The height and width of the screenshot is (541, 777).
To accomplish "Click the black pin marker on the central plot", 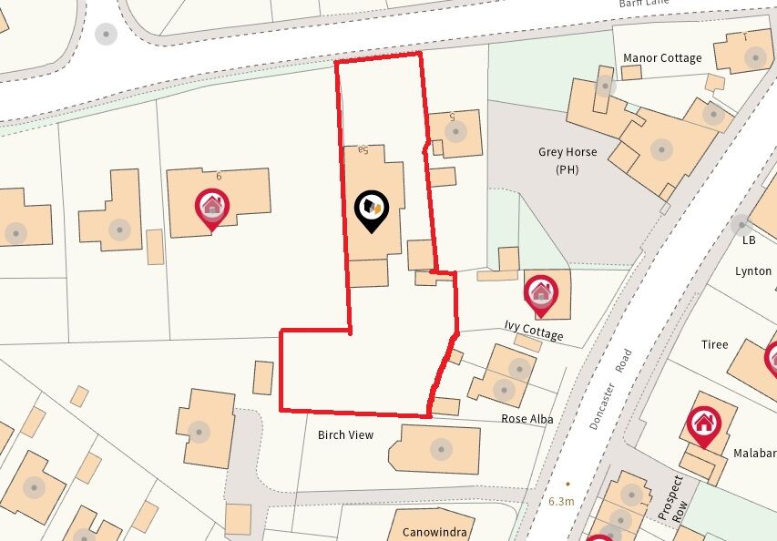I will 372,210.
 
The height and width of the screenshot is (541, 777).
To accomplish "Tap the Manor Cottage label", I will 662,58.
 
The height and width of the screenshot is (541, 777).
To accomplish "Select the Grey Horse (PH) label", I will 567,160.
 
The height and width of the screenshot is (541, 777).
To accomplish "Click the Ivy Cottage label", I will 534,331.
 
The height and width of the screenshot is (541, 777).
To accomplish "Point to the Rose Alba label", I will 527,419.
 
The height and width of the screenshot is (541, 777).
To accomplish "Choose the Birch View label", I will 345,435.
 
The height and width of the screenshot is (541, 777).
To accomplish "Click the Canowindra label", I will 434,530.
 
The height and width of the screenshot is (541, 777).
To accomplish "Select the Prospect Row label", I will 675,498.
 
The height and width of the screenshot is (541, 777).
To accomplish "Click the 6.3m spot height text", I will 561,502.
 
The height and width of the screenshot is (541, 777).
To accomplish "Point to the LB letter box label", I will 749,240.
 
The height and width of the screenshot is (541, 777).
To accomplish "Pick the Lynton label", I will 753,271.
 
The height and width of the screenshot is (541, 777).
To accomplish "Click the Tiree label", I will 715,344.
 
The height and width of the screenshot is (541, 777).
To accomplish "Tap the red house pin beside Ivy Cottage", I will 541,291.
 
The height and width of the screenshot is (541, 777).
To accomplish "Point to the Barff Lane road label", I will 643,4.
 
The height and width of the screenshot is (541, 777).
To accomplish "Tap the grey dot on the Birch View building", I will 441,448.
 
